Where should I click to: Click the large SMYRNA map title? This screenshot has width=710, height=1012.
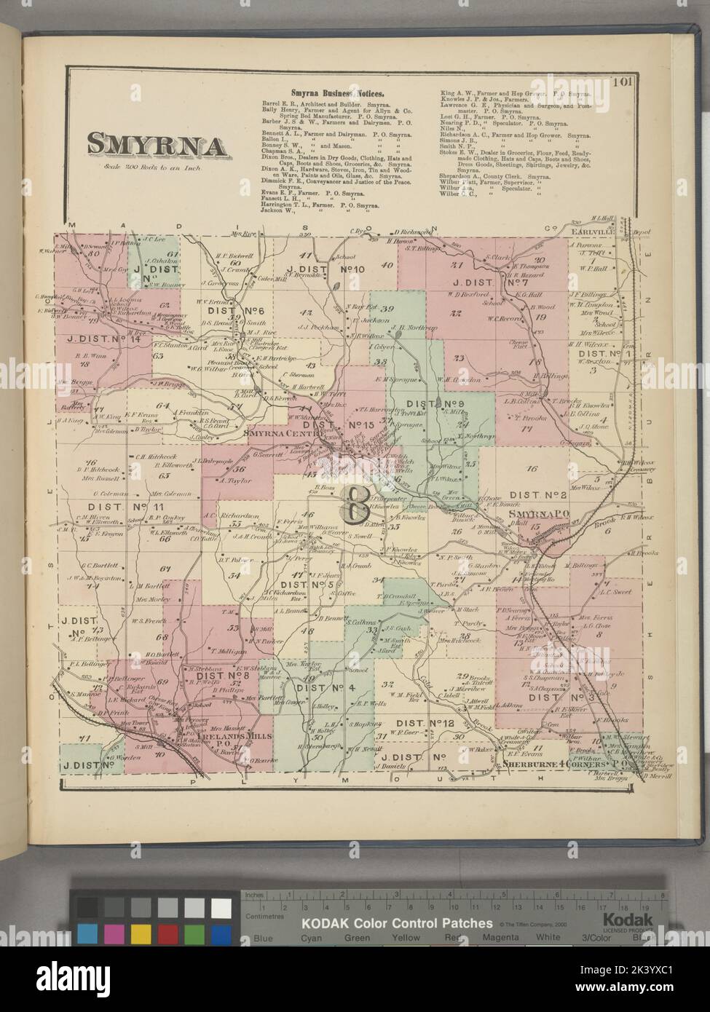tap(157, 144)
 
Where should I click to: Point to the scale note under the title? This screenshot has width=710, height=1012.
tap(157, 169)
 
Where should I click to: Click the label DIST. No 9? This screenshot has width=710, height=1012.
tap(435, 404)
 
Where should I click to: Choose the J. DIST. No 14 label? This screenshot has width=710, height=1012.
tap(98, 337)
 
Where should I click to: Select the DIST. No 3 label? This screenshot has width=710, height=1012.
tap(562, 697)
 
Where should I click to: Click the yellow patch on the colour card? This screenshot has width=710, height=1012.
tap(138, 933)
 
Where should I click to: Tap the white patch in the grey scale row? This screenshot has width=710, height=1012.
tap(221, 907)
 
